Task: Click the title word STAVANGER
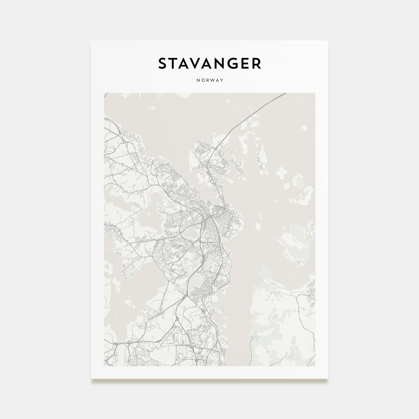click(x=209, y=63)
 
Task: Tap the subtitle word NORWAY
click(x=209, y=80)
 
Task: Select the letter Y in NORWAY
click(x=222, y=80)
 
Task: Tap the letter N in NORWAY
click(x=198, y=80)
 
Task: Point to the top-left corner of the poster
click(x=91, y=41)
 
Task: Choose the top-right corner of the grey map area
click(x=315, y=93)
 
